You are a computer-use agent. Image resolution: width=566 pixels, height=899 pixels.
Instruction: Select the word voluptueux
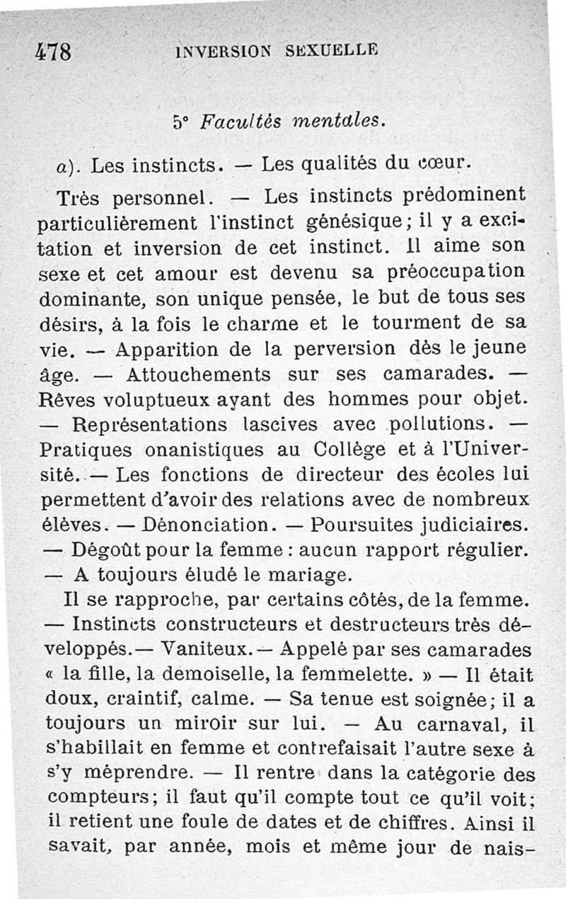(x=151, y=399)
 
